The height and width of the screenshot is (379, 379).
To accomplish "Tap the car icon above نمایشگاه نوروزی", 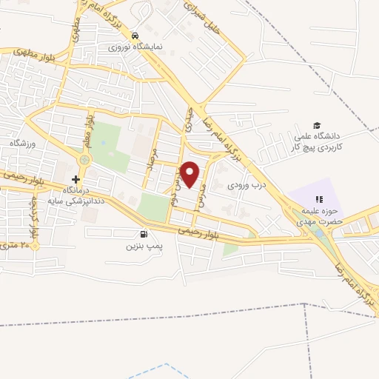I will point(135,36).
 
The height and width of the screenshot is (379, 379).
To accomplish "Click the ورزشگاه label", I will point(23,141).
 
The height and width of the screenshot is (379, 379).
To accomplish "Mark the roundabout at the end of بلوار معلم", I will point(84,159).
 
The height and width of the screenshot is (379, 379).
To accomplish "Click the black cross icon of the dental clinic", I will point(76,179).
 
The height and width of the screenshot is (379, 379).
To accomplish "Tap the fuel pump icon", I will point(141,232).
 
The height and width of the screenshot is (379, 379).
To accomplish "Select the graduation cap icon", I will point(317,126).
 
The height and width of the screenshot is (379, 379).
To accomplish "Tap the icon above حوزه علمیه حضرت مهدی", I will point(320,198).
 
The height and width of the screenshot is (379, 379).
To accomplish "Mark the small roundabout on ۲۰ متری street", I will point(35,244).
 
